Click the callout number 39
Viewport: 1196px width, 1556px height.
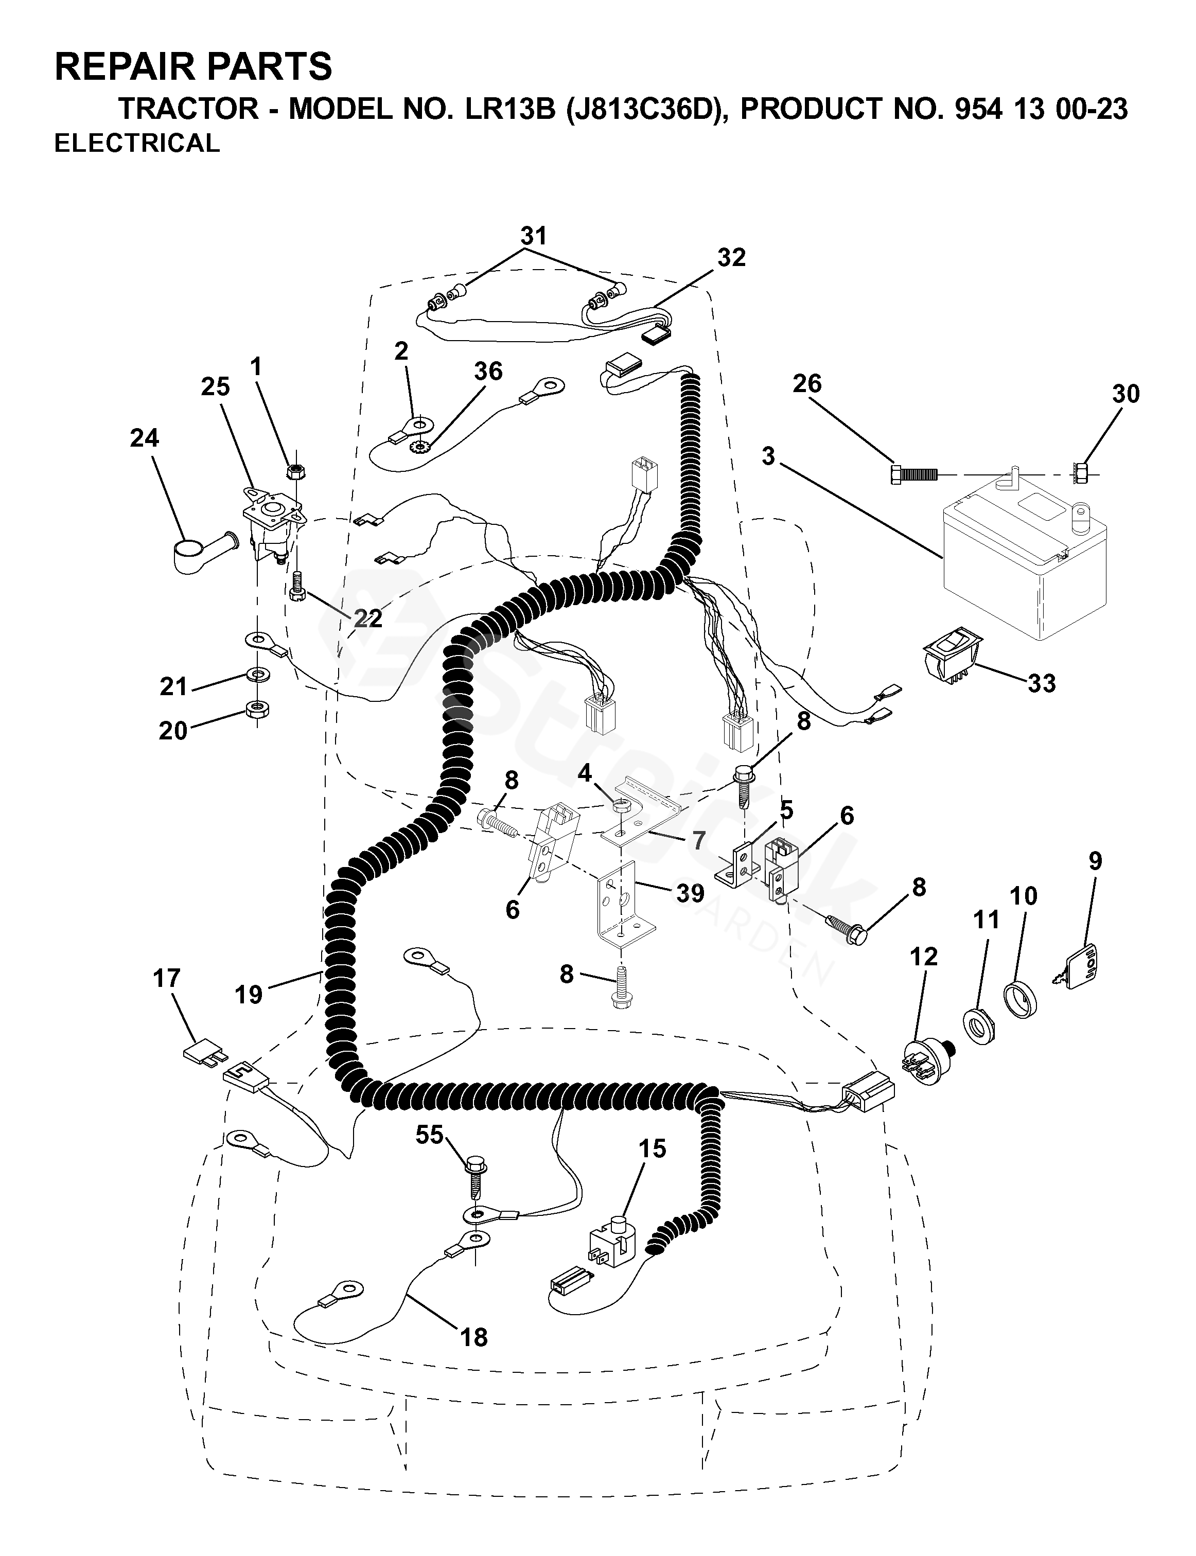[690, 893]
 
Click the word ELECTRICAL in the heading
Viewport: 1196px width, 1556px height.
[137, 143]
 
